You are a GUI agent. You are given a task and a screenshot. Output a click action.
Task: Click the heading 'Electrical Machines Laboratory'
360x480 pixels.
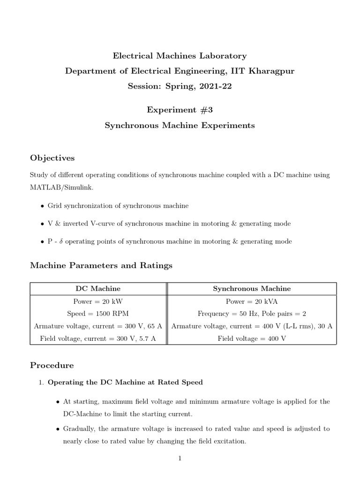180,56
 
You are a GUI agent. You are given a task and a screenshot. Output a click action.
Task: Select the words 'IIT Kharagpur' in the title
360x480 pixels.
269,71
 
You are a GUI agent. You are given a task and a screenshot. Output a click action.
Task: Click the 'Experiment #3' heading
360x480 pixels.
180,110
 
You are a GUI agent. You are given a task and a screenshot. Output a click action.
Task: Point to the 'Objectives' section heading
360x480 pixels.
52,157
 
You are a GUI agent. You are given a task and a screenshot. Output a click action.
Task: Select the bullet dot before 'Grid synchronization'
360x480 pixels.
43,206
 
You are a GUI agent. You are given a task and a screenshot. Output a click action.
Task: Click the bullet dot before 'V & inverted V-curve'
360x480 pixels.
43,224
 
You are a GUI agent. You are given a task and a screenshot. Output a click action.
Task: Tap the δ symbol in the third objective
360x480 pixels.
61,241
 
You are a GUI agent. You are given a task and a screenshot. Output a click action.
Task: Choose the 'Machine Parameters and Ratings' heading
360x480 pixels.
101,265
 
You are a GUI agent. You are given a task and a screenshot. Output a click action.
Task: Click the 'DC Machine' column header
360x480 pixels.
98,289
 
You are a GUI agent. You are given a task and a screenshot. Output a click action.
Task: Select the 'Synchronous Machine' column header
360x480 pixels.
252,289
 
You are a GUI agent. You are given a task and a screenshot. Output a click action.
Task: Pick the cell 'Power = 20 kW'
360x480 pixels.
98,301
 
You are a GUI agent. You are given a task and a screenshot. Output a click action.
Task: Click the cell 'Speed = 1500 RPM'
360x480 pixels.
98,314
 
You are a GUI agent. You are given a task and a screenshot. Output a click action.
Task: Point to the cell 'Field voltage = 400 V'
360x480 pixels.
252,338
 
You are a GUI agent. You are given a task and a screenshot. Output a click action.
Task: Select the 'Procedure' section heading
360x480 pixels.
52,365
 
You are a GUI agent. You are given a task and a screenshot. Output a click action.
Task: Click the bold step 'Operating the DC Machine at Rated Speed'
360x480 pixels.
126,382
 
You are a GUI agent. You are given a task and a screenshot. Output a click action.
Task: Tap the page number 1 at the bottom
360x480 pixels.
180,458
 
